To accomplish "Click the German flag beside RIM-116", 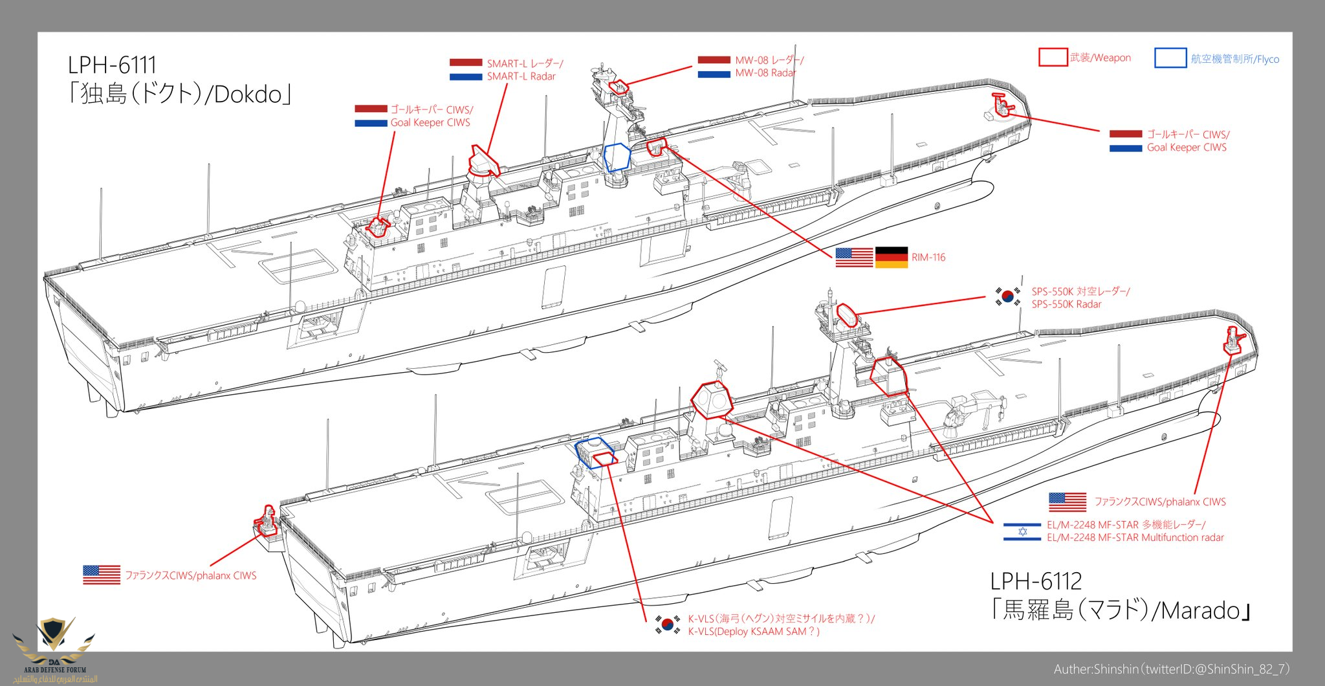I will (x=892, y=257).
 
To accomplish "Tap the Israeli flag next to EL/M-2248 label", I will (x=1022, y=531).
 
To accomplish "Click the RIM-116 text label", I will (x=928, y=258).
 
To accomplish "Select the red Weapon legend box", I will (x=1053, y=57).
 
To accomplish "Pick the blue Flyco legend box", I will (x=1170, y=58).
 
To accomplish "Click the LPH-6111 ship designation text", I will (x=112, y=65).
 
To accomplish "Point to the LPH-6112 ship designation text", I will (x=1036, y=581).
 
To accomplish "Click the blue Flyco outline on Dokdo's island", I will (x=616, y=157).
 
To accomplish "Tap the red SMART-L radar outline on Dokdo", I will (x=484, y=161).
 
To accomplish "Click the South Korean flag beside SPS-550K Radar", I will (x=1007, y=297).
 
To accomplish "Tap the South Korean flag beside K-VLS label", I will (x=667, y=625).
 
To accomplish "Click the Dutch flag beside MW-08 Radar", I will (x=714, y=67).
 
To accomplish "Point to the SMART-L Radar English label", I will (x=521, y=76).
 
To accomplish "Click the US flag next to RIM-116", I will (x=854, y=257).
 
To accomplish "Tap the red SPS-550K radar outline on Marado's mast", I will (x=846, y=315).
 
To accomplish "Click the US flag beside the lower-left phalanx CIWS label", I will (x=102, y=575).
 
